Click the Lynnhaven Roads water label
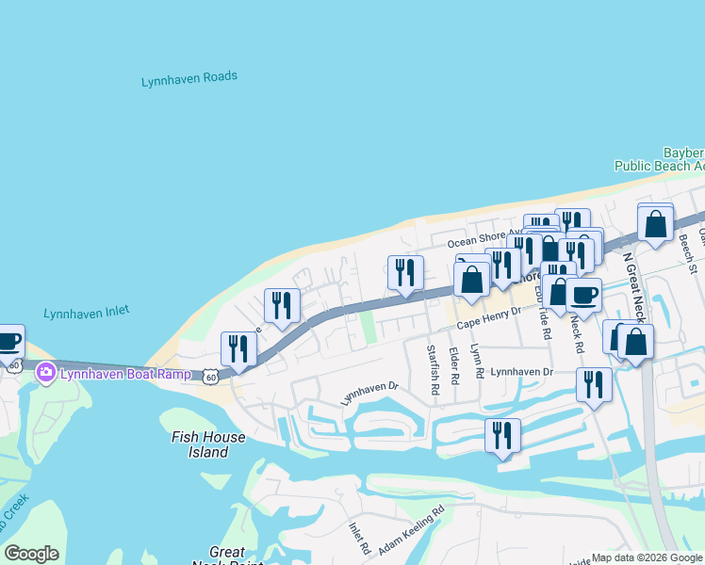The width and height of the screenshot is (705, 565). click(189, 79)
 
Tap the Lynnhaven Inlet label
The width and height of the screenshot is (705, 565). click(87, 312)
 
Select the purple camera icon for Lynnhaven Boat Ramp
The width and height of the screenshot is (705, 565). click(45, 374)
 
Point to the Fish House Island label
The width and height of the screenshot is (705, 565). click(208, 444)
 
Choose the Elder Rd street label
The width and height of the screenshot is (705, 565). click(454, 365)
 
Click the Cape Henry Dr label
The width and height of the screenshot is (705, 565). click(489, 320)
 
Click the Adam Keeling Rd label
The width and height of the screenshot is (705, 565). click(411, 532)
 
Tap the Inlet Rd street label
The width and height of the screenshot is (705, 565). click(359, 539)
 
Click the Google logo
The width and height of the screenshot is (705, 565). click(32, 554)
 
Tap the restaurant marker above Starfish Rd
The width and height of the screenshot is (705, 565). click(405, 274)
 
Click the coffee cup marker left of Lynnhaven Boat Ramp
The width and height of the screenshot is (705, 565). click(8, 341)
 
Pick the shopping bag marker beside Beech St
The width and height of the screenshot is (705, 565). click(656, 224)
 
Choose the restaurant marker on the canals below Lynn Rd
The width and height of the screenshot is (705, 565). click(502, 436)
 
